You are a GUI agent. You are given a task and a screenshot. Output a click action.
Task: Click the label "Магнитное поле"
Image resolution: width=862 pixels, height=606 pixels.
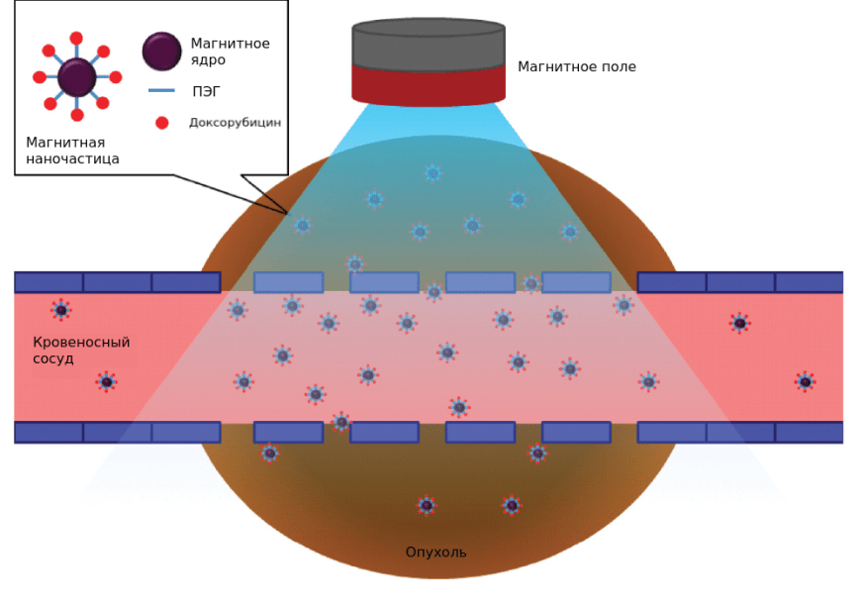(576, 67)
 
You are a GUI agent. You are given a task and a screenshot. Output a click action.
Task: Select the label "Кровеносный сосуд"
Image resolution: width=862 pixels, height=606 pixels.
(81, 350)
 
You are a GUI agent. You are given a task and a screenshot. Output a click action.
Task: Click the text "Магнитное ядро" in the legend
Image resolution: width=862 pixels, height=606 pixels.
(230, 51)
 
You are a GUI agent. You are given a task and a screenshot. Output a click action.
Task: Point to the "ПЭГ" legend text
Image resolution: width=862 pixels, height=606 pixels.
(206, 91)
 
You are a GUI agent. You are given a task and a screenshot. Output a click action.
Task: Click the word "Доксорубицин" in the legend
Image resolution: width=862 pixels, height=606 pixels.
(235, 123)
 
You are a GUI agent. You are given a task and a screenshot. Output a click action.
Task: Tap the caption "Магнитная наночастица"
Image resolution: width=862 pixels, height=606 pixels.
(72, 151)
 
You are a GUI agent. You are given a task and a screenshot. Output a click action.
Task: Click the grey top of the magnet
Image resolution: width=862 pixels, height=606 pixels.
(429, 42)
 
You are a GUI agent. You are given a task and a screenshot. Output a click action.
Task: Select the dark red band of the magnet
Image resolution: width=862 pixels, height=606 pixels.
(429, 84)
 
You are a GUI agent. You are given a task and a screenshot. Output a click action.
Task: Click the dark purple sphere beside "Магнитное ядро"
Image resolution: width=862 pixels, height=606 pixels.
(161, 51)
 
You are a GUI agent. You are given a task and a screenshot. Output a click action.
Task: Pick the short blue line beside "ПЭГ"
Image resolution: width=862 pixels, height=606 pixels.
(161, 91)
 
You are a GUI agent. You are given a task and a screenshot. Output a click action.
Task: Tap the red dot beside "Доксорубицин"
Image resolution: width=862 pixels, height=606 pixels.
(162, 123)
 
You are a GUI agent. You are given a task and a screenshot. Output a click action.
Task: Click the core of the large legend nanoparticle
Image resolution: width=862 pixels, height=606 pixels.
(77, 77)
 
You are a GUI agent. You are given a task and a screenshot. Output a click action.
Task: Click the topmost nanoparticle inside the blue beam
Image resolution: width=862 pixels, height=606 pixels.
(432, 173)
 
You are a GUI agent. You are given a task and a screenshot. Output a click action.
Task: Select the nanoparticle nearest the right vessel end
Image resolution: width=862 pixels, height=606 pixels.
(806, 382)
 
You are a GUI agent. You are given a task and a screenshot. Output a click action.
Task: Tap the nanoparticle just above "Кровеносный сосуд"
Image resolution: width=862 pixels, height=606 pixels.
(61, 310)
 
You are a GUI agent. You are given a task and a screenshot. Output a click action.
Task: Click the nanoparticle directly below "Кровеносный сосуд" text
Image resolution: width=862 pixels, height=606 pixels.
(107, 382)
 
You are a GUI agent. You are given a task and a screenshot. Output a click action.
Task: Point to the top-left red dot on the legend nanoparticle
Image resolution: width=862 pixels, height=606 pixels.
(48, 50)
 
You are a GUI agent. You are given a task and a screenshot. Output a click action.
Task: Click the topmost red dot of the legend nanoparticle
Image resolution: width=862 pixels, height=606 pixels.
(76, 39)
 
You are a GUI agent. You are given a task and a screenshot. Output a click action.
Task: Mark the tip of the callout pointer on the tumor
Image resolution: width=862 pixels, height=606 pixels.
(288, 213)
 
